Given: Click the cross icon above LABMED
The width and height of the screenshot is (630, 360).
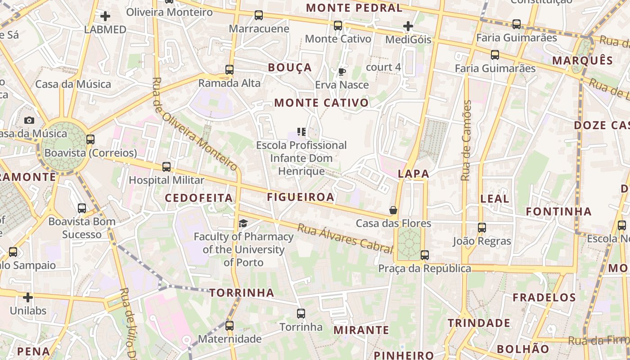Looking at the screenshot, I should [x=105, y=17].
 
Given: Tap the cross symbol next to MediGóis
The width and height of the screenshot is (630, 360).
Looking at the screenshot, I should [x=408, y=27].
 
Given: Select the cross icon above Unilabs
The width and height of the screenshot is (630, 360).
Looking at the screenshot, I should [x=28, y=297].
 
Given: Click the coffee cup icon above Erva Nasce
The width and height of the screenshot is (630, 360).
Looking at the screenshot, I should [x=342, y=72].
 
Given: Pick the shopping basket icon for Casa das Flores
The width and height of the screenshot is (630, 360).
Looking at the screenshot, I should [x=393, y=210].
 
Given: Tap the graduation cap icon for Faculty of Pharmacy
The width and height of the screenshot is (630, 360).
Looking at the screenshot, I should [x=243, y=223].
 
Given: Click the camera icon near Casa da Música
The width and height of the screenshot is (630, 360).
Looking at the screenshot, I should [x=29, y=120].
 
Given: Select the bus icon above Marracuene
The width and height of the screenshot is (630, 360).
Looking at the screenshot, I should [x=259, y=15].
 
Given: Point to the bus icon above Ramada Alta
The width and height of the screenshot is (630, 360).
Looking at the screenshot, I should [x=229, y=70].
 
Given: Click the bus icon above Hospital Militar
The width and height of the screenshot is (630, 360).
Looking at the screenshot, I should [x=166, y=167].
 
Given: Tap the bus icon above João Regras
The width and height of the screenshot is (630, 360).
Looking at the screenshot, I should [x=482, y=228].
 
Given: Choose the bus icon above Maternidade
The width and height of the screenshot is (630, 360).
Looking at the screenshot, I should [x=229, y=325].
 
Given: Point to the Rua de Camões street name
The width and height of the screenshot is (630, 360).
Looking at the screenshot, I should [x=466, y=140].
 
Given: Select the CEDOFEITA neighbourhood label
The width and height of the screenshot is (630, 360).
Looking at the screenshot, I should [x=198, y=198].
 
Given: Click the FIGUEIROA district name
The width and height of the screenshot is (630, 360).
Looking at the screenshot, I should [x=301, y=197].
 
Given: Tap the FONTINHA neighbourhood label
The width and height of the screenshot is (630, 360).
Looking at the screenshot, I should [x=558, y=211].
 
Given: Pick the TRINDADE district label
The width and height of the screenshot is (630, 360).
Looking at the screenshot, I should [x=479, y=323].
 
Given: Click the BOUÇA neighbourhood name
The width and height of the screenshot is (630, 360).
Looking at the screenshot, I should [x=290, y=67].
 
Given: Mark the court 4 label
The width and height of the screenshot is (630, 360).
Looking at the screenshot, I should [x=383, y=67].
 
